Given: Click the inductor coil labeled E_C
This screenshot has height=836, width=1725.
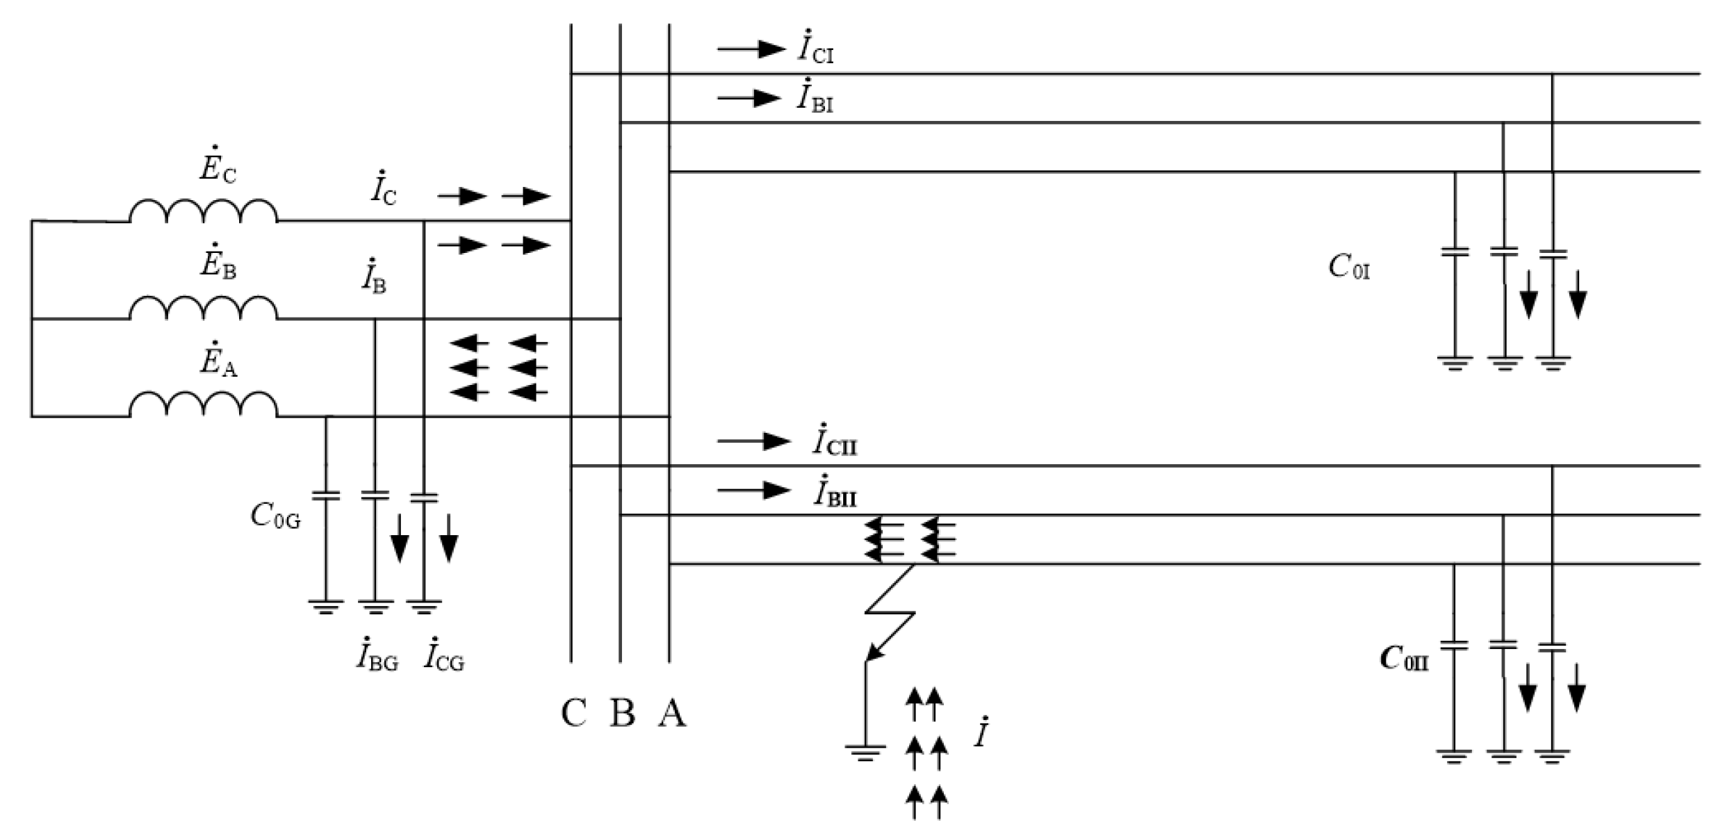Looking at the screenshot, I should pyautogui.click(x=203, y=211).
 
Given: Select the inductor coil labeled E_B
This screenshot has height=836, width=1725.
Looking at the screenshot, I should pyautogui.click(x=203, y=308).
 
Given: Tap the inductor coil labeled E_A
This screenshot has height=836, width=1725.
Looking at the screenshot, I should pyautogui.click(x=203, y=405).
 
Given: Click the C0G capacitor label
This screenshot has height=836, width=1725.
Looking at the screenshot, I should pyautogui.click(x=275, y=516).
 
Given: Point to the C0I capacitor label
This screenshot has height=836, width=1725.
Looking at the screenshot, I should pyautogui.click(x=1349, y=267).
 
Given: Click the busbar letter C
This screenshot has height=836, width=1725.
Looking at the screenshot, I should pyautogui.click(x=573, y=713).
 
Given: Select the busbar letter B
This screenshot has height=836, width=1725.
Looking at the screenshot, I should pyautogui.click(x=622, y=713).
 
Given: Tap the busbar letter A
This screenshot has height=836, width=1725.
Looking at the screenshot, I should pyautogui.click(x=672, y=713).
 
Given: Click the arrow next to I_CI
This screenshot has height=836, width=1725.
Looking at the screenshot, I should pyautogui.click(x=751, y=49).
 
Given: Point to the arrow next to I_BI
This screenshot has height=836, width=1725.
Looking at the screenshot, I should pyautogui.click(x=749, y=98).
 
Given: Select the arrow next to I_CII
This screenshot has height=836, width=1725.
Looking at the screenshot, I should pyautogui.click(x=753, y=441).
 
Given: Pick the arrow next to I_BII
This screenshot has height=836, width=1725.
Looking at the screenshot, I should pyautogui.click(x=753, y=490).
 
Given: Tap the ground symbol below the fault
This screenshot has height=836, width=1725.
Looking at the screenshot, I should pyautogui.click(x=865, y=752).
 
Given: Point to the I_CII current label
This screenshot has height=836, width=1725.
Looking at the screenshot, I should pyautogui.click(x=834, y=441).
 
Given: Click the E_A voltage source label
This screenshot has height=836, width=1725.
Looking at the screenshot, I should pyautogui.click(x=218, y=359).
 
